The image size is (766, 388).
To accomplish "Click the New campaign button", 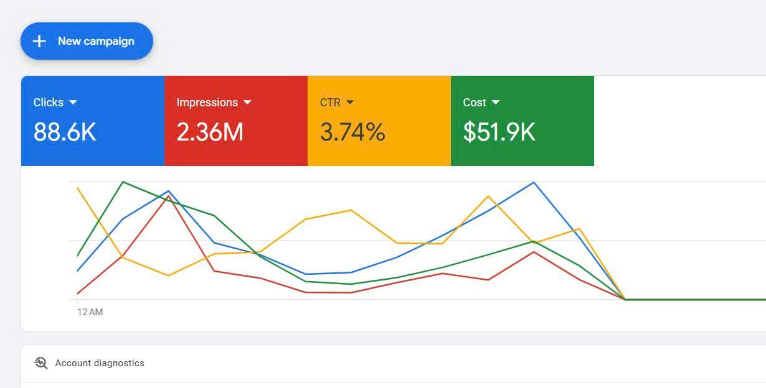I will (x=87, y=41).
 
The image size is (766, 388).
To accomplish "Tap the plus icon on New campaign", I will (x=39, y=41).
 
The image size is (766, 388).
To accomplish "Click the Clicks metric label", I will (x=49, y=103).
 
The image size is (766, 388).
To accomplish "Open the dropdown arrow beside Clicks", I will (x=73, y=102).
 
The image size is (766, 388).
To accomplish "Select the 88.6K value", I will (x=65, y=132).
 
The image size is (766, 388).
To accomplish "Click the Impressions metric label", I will (x=207, y=103).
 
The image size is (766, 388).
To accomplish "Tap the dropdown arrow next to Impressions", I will (x=247, y=102).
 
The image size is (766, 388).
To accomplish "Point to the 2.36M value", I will (x=210, y=132).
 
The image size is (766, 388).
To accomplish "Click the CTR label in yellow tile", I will (x=330, y=103).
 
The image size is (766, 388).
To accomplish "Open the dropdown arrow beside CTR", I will (x=350, y=102).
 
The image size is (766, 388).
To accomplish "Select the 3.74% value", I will (x=352, y=132).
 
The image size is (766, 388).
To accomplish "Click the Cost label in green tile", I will (x=475, y=103).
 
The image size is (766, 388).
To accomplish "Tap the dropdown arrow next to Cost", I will (x=496, y=102).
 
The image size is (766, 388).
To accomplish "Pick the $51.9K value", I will (x=499, y=132).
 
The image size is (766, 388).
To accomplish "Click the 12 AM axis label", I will (x=90, y=312).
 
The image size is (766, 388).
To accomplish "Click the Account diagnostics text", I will (x=100, y=363).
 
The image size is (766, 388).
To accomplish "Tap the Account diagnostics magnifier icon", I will (x=41, y=363).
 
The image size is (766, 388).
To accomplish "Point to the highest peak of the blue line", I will (x=534, y=182).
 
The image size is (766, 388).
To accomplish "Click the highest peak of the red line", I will (x=169, y=196).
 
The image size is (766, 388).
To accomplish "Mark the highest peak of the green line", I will (x=123, y=182).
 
